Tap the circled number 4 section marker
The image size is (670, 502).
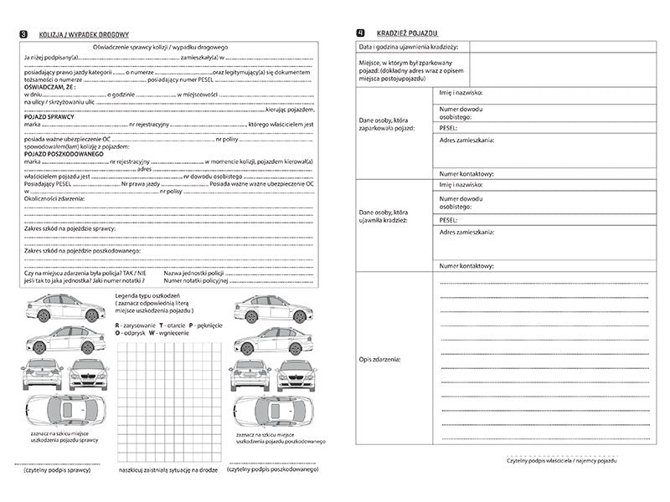[360, 31]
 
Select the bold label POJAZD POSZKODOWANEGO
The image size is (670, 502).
[64, 154]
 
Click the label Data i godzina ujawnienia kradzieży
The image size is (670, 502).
[414, 47]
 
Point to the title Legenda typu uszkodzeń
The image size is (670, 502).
[154, 297]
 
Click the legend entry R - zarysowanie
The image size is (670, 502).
[131, 323]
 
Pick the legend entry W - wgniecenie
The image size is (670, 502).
[168, 333]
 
